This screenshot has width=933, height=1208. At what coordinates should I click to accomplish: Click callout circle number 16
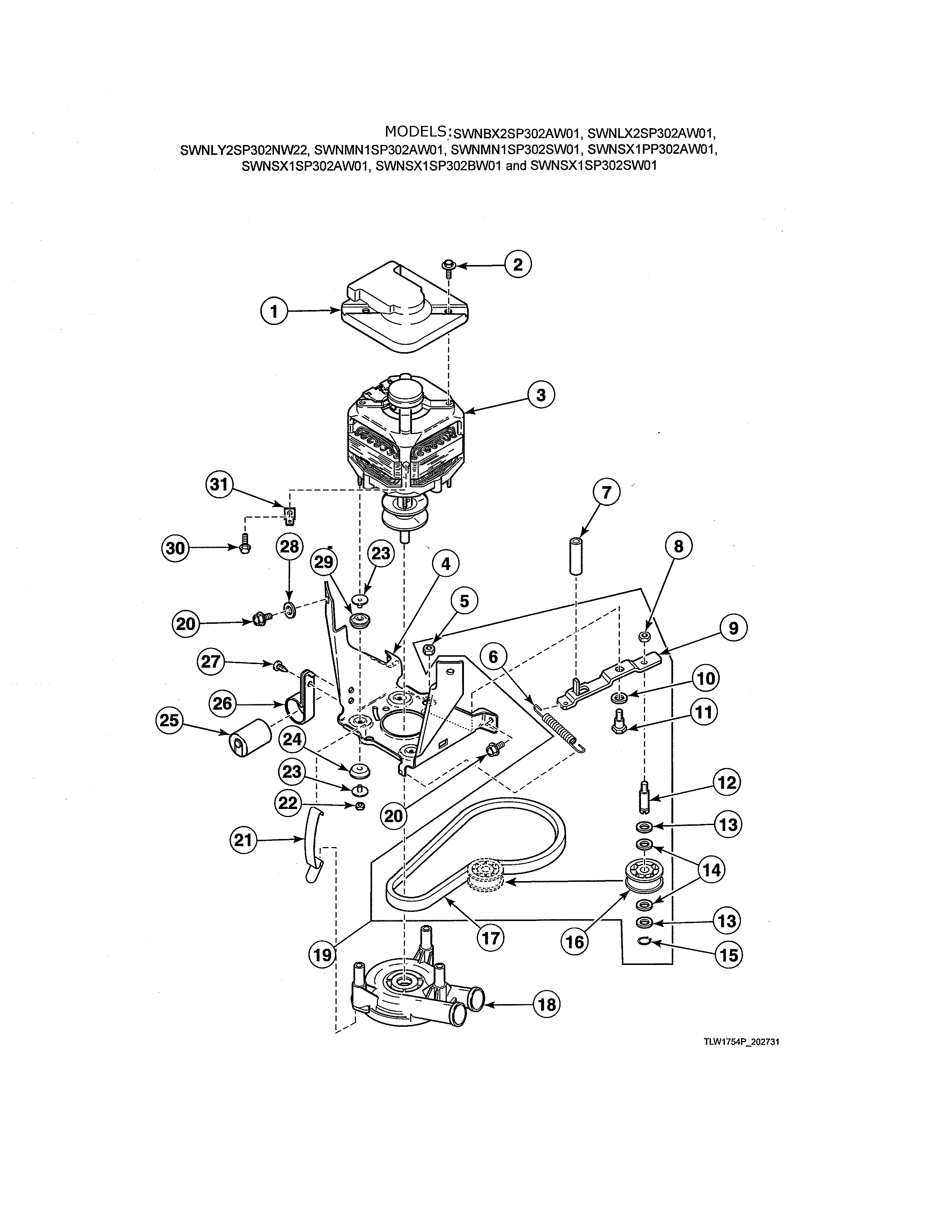pos(575,942)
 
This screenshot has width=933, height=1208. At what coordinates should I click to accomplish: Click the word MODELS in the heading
pos(416,132)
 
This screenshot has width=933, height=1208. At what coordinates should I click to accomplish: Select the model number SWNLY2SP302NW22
pos(244,149)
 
